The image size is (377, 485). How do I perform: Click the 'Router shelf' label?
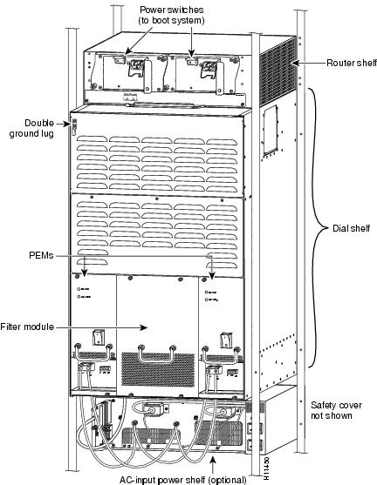(x=352, y=63)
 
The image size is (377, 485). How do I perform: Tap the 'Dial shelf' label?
(x=352, y=228)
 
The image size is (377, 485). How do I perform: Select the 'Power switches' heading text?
(x=171, y=10)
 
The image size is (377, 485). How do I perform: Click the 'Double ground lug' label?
(x=31, y=128)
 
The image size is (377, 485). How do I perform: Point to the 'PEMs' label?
(x=41, y=255)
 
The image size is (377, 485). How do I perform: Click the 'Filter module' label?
(x=27, y=327)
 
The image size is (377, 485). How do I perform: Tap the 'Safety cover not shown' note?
(x=336, y=410)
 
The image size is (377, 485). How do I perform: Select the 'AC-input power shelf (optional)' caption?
(x=183, y=480)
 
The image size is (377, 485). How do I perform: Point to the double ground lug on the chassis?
(x=74, y=126)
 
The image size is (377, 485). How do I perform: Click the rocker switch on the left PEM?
(x=99, y=338)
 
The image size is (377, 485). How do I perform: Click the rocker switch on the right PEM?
(x=226, y=340)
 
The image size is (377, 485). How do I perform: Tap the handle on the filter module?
(x=157, y=354)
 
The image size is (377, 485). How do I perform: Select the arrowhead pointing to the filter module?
(x=143, y=327)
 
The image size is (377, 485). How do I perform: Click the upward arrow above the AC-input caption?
(x=213, y=465)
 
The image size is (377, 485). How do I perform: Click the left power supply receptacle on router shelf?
(x=136, y=64)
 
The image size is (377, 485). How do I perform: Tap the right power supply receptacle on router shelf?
(x=209, y=66)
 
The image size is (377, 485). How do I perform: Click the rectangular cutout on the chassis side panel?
(x=270, y=131)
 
